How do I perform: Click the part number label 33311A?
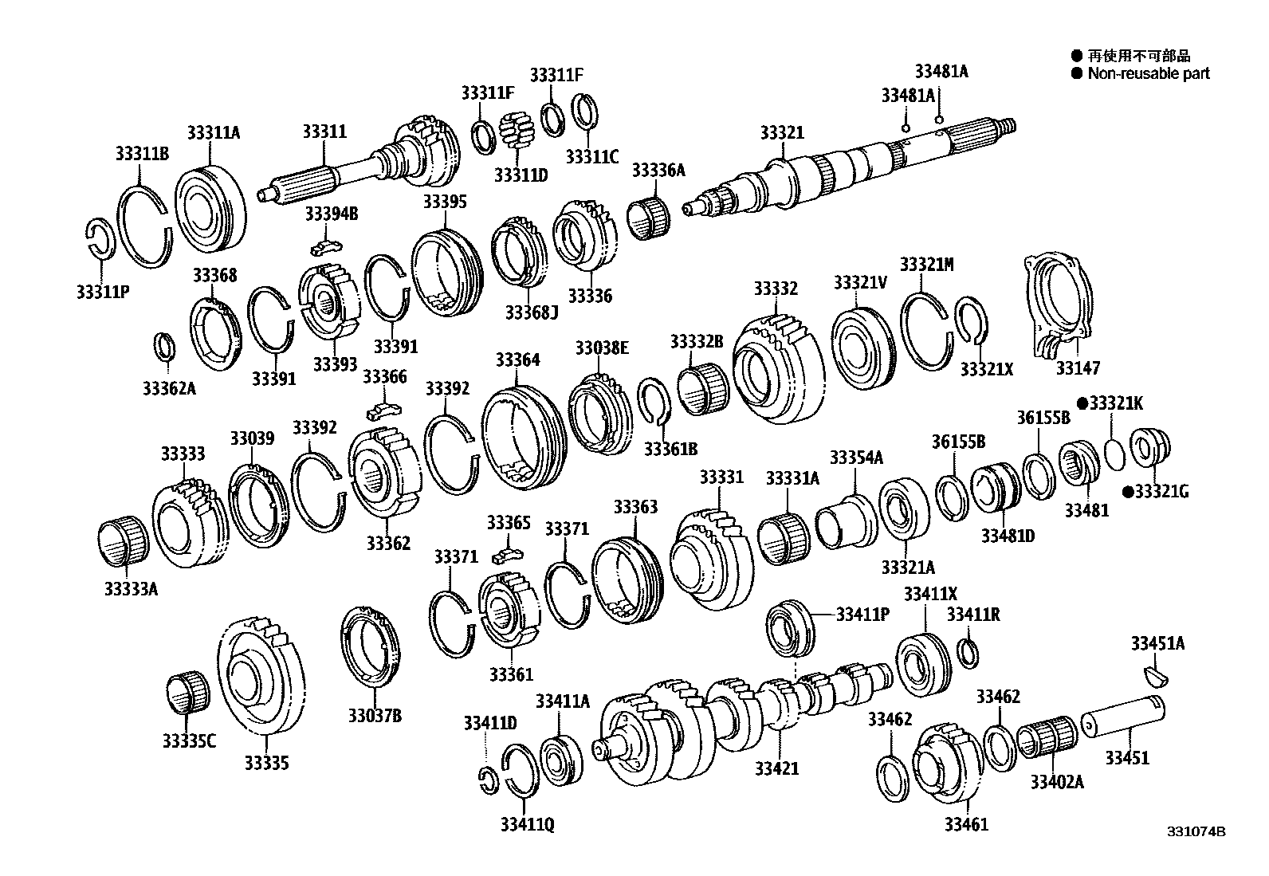pos(213,133)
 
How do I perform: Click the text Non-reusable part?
pos(1149,73)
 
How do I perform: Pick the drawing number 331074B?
pos(1196,831)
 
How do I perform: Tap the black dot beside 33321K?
pos(1082,403)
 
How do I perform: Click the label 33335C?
pos(189,741)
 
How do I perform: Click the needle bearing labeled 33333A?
pos(124,543)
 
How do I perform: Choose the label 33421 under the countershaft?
pos(776,768)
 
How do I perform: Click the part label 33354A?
pos(856,458)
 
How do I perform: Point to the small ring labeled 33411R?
pos(968,651)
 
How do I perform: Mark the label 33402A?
pos(1056,782)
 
